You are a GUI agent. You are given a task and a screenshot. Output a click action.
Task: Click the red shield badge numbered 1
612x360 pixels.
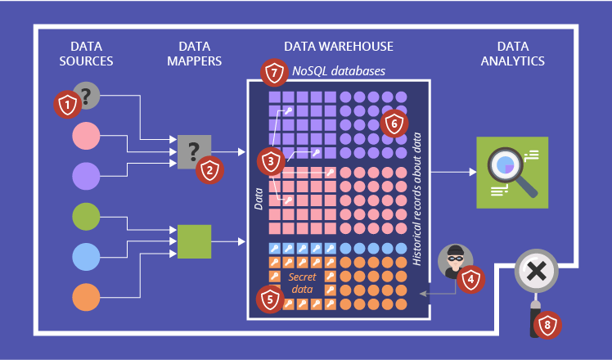[x=67, y=104]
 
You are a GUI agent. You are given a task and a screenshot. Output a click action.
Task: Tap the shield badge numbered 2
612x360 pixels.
[x=209, y=169]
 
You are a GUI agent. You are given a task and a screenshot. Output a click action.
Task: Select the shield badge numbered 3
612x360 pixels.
[x=271, y=161]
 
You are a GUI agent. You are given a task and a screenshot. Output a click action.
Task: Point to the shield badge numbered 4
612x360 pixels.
[x=470, y=280]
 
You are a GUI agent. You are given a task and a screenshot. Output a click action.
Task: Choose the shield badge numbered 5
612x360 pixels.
[x=271, y=299]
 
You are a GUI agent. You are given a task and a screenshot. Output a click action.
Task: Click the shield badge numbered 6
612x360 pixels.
[x=394, y=124]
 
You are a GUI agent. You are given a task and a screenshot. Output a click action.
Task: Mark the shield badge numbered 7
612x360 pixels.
[x=274, y=72]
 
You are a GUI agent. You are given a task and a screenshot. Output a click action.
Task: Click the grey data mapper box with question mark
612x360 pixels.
[x=194, y=151]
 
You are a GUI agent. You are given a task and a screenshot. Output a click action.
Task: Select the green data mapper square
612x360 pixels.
[x=195, y=241]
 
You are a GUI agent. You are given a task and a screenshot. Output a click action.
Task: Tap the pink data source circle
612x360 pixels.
[x=86, y=136]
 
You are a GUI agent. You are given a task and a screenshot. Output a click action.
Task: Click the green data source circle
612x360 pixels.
[x=86, y=217]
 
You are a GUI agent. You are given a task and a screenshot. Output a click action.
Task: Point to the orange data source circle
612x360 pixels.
[x=86, y=296]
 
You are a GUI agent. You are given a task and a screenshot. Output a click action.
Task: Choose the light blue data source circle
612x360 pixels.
[x=86, y=256]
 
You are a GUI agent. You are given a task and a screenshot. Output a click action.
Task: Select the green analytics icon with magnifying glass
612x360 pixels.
[x=512, y=172]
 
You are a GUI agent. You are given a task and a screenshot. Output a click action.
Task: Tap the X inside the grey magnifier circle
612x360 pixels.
[x=537, y=272]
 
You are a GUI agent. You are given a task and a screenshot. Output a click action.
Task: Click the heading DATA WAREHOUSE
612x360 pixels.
[x=339, y=47]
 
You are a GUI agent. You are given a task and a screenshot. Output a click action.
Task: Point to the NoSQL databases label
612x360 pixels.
[x=339, y=72]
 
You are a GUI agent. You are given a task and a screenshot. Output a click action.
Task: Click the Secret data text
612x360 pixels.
[x=303, y=283]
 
